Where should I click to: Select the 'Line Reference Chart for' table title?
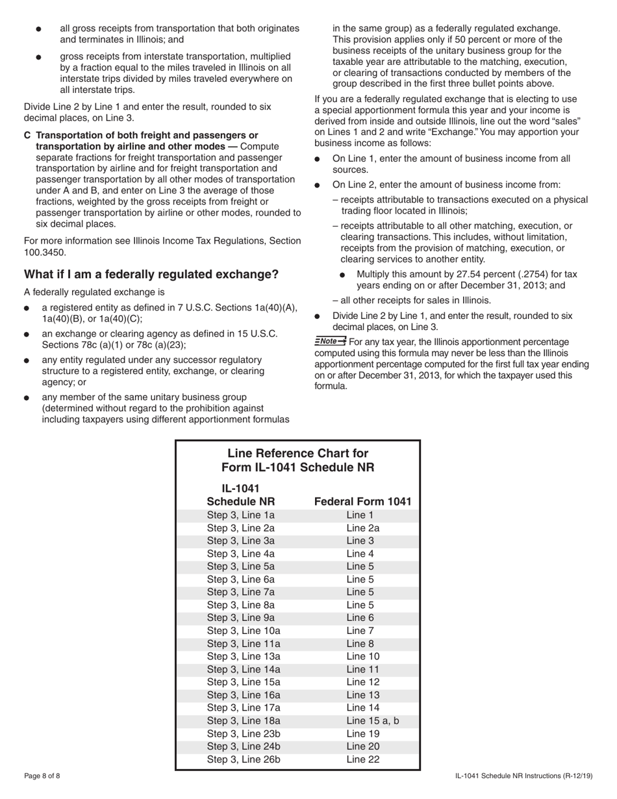[x=297, y=453]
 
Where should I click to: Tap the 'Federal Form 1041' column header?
[x=362, y=501]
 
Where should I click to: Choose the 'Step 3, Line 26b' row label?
[x=243, y=759]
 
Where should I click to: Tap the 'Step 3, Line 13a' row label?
[x=243, y=656]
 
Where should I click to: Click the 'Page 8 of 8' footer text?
[x=42, y=776]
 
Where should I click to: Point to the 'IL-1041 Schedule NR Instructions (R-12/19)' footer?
[x=523, y=776]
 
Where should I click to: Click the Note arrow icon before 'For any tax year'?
[x=330, y=341]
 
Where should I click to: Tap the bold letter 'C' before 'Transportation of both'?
[x=27, y=135]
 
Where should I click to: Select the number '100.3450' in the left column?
[x=45, y=251]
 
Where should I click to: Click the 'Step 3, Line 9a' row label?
[x=240, y=618]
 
